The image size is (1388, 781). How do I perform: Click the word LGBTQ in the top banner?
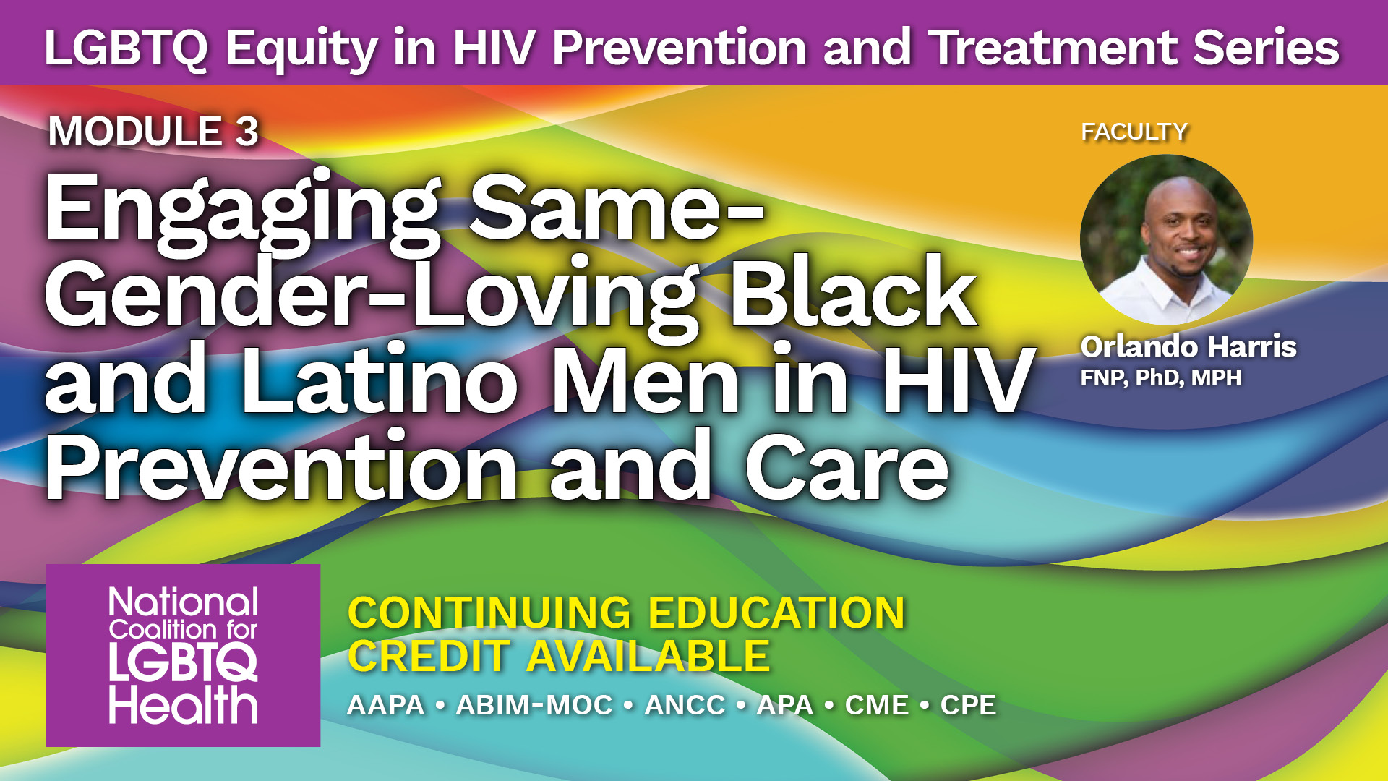coord(126,48)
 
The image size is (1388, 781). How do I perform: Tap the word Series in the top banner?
coord(1266,48)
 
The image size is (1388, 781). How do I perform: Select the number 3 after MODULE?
coord(247,132)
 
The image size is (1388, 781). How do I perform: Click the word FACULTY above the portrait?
coord(1134,132)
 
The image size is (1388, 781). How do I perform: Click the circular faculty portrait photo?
coord(1166,239)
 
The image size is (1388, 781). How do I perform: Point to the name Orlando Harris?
coord(1188,346)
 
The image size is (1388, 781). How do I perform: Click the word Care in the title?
coord(847,467)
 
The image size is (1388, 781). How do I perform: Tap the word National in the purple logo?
coord(184,602)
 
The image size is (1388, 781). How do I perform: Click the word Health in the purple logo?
coord(184,704)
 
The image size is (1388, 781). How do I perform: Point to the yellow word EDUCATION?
coord(776,613)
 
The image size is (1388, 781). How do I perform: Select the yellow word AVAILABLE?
coord(648,657)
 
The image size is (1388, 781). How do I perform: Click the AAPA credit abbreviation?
coord(386,705)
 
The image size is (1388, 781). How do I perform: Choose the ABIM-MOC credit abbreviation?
coord(534,705)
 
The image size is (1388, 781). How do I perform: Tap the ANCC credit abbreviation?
coord(685,705)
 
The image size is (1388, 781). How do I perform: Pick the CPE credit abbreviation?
coord(968,705)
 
